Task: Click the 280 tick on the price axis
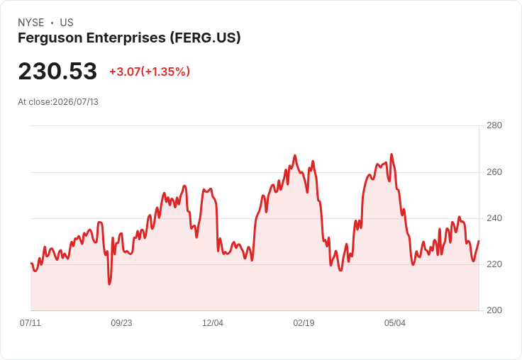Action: click(494, 125)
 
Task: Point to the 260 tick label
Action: click(494, 172)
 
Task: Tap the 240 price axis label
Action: click(494, 218)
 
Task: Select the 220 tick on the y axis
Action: click(494, 264)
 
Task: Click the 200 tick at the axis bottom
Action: click(494, 310)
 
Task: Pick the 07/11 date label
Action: click(30, 322)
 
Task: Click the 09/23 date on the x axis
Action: click(121, 322)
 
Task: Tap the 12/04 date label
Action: click(213, 322)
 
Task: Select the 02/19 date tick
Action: click(304, 322)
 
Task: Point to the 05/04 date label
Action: click(395, 322)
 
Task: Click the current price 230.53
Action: click(57, 71)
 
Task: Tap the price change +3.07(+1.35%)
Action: click(150, 72)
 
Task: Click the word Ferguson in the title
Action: click(50, 38)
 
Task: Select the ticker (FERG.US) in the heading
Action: click(205, 38)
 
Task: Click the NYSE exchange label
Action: click(31, 23)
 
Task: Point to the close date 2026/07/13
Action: click(76, 102)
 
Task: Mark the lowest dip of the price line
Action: click(109, 284)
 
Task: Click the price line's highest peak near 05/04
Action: click(391, 154)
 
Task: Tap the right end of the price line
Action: click(479, 241)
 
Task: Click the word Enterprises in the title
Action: click(126, 38)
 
